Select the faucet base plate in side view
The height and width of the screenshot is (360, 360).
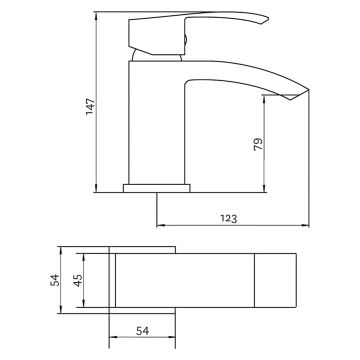coord(158,187)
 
